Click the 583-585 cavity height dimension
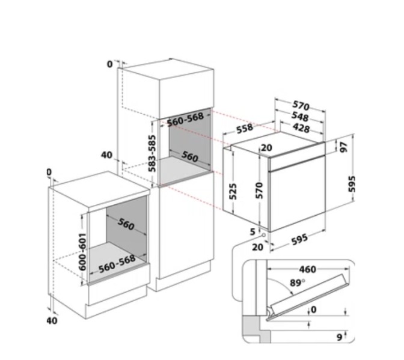(152, 153)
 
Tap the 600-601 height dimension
(82, 252)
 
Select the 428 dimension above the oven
(301, 128)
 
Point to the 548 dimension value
(300, 117)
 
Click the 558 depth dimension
(245, 129)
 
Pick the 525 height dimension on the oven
(233, 191)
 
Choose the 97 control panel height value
(344, 147)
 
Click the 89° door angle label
(297, 282)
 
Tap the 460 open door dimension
(307, 269)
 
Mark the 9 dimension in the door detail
(340, 337)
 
